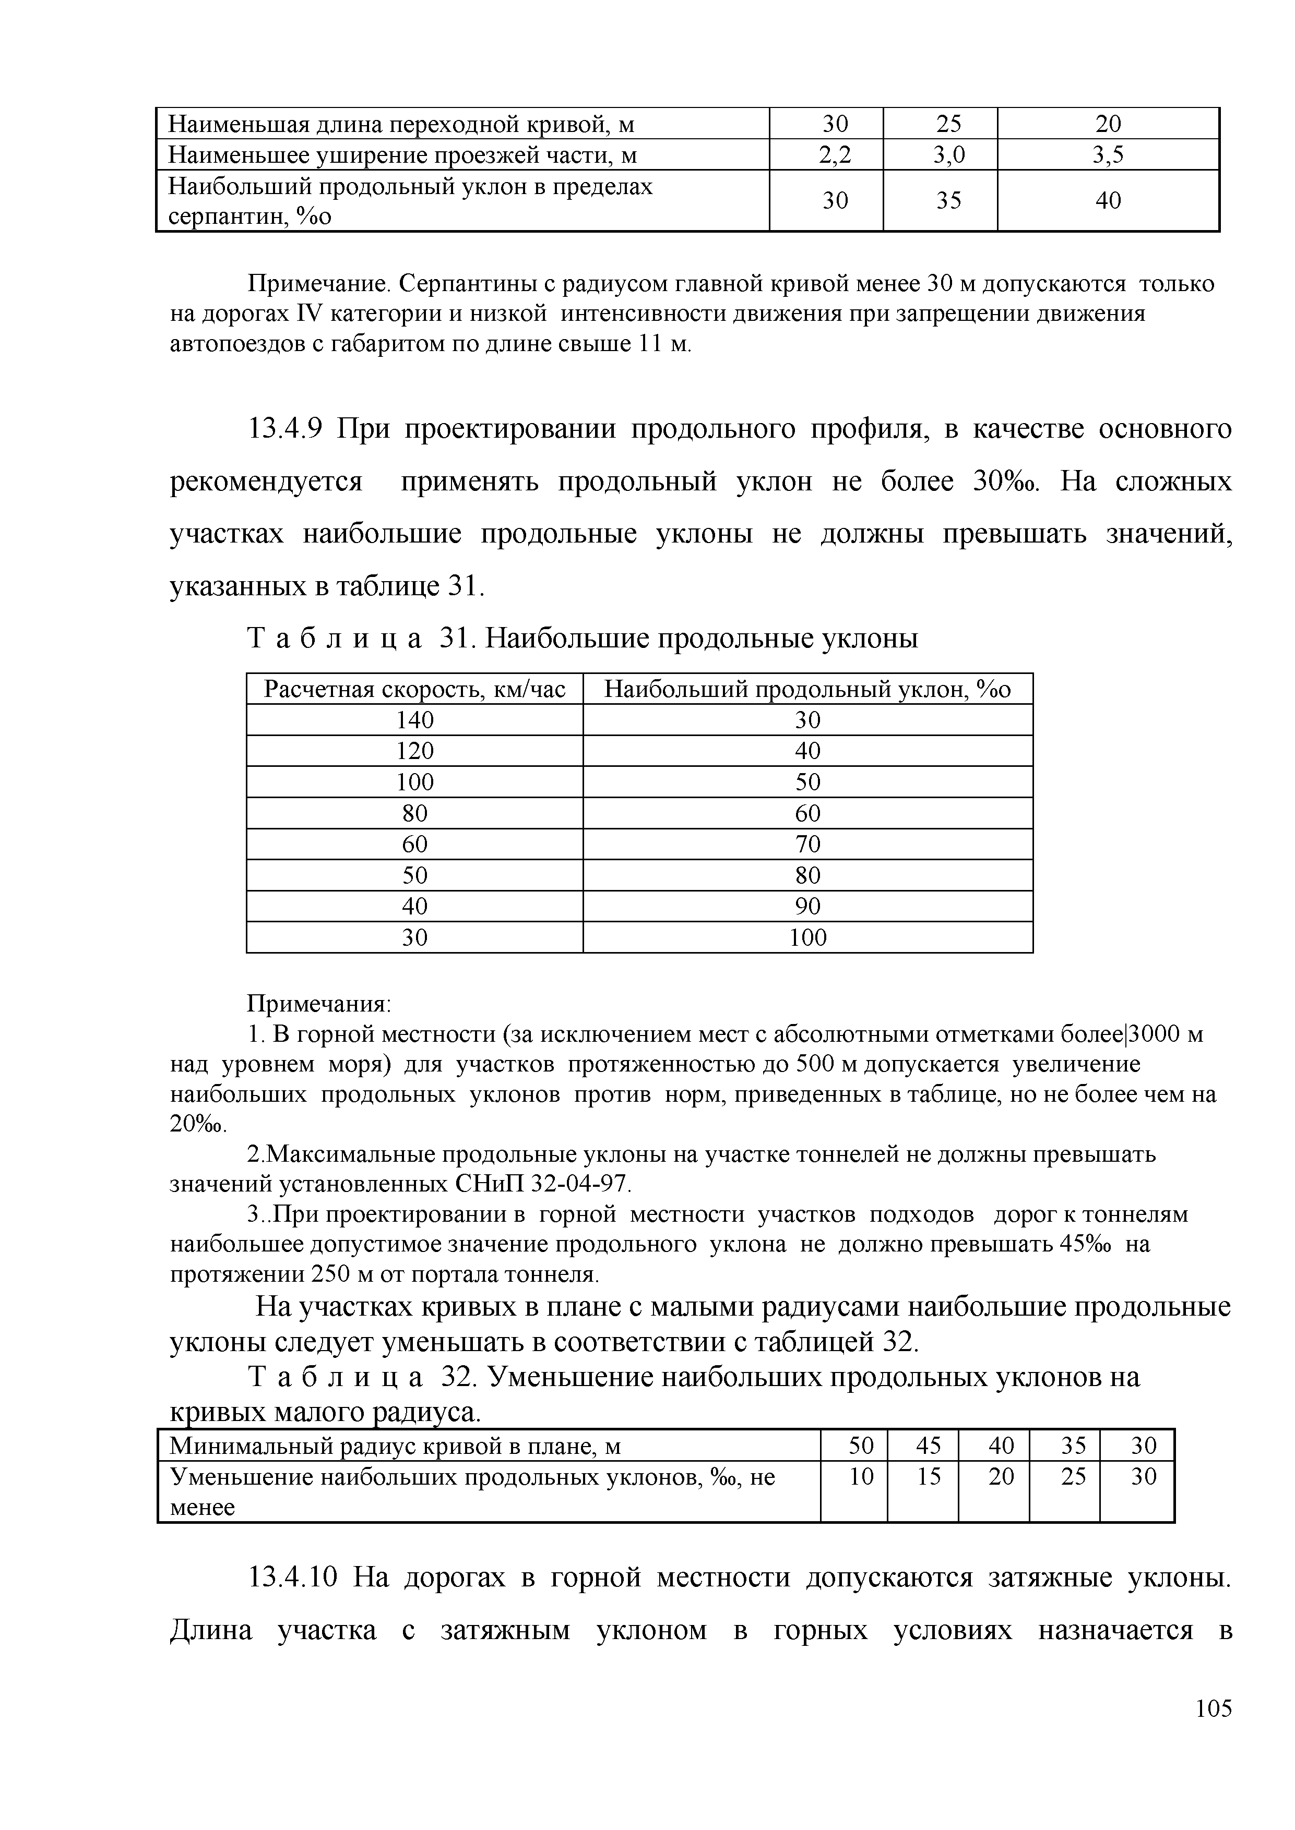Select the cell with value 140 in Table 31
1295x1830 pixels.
[414, 720]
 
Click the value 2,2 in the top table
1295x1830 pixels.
[835, 154]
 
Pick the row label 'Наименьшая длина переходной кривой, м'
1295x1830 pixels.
[402, 124]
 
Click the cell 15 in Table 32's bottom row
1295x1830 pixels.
[928, 1477]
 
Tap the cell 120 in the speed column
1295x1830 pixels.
[414, 751]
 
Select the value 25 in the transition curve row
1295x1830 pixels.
[948, 124]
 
